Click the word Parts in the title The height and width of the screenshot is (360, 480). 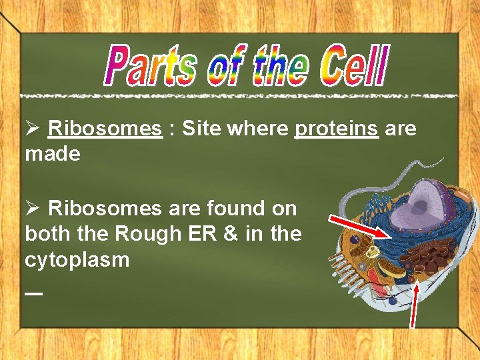[x=151, y=67]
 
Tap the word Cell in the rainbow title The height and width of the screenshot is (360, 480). [x=352, y=67]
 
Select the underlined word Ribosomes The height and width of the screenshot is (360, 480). [x=105, y=128]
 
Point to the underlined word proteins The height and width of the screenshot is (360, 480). [x=336, y=129]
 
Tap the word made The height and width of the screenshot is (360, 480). [x=53, y=155]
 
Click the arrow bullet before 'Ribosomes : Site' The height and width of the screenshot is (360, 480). [x=33, y=128]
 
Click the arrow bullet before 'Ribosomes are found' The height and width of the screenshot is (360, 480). [x=33, y=209]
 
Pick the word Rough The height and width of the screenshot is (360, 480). [x=139, y=234]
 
